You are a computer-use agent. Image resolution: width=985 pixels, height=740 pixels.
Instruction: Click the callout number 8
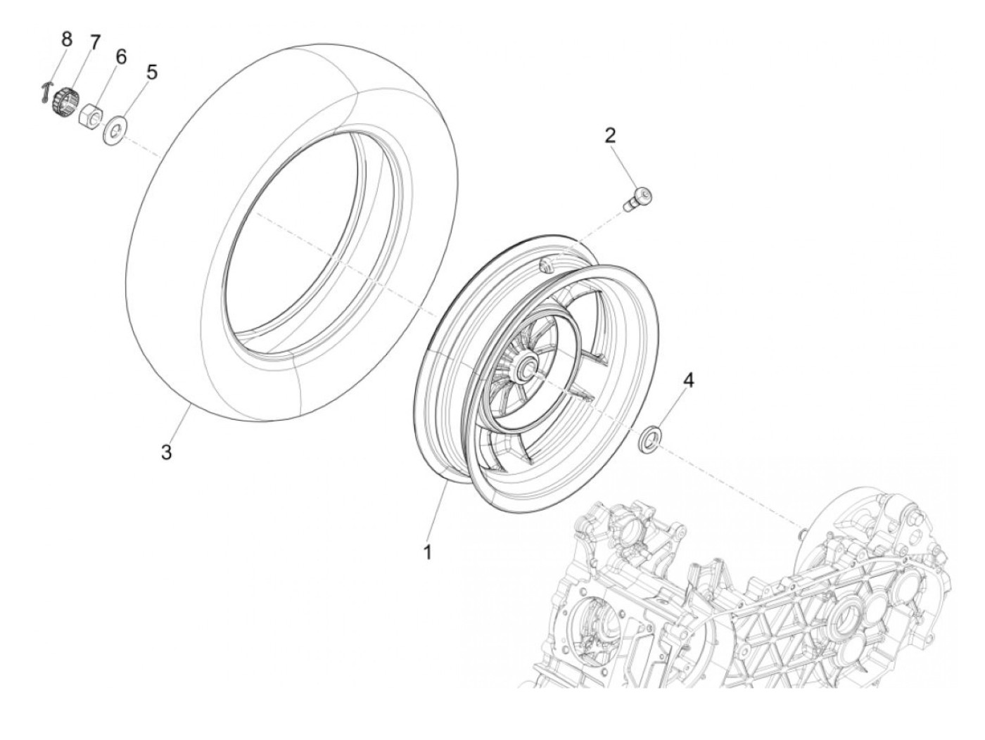pyautogui.click(x=67, y=39)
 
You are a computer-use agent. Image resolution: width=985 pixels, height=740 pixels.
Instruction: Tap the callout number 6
pyautogui.click(x=121, y=57)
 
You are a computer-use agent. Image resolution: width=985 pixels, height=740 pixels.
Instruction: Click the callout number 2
pyautogui.click(x=610, y=135)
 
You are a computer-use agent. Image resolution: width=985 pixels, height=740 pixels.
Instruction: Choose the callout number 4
pyautogui.click(x=688, y=381)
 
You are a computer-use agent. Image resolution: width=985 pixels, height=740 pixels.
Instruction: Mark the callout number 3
pyautogui.click(x=166, y=452)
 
